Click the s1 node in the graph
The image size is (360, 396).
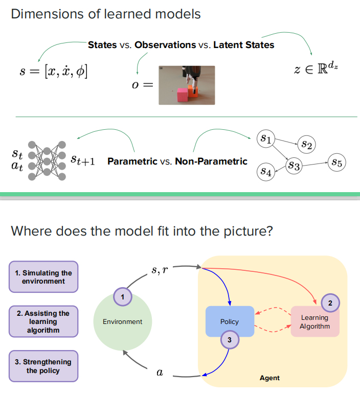tap(266, 138)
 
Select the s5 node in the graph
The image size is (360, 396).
tap(337, 162)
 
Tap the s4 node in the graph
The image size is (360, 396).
tap(265, 172)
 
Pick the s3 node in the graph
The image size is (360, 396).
tap(294, 165)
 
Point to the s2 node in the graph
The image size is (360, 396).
tap(307, 145)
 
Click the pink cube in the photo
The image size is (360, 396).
tap(182, 95)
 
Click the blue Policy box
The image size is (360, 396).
tap(230, 321)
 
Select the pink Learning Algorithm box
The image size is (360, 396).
tap(314, 321)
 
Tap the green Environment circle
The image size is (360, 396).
tap(122, 321)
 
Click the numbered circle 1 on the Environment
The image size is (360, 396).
tap(122, 296)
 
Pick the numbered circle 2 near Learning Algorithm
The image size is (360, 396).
tap(330, 303)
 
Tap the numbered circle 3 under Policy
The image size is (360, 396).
tap(230, 339)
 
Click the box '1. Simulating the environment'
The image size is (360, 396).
tap(43, 277)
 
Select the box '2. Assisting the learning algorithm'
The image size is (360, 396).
tap(43, 321)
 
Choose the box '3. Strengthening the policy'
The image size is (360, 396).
tap(43, 366)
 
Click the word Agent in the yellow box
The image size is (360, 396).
tap(269, 378)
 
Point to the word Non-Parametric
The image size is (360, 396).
tap(211, 161)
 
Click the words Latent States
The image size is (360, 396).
tap(243, 45)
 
